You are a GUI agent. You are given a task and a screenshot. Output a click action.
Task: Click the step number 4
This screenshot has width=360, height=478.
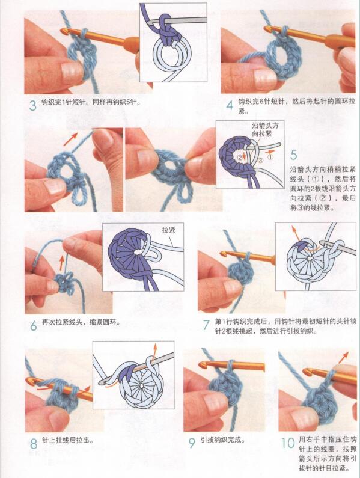pyautogui.click(x=229, y=106)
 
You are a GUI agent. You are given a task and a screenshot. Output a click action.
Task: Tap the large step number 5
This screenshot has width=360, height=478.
pyautogui.click(x=293, y=156)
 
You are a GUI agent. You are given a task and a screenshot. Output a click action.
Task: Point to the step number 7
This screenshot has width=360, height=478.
pyautogui.click(x=206, y=326)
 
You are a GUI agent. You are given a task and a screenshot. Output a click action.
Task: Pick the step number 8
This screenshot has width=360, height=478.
pyautogui.click(x=33, y=446)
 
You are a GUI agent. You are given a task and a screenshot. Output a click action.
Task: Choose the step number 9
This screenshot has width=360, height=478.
pyautogui.click(x=192, y=444)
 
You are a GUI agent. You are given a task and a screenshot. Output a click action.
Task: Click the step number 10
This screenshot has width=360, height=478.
pyautogui.click(x=287, y=444)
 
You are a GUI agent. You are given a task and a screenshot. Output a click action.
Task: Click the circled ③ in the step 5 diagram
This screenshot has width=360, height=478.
pyautogui.click(x=260, y=161)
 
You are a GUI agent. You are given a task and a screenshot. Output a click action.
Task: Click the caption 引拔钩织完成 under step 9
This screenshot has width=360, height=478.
pyautogui.click(x=223, y=440)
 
